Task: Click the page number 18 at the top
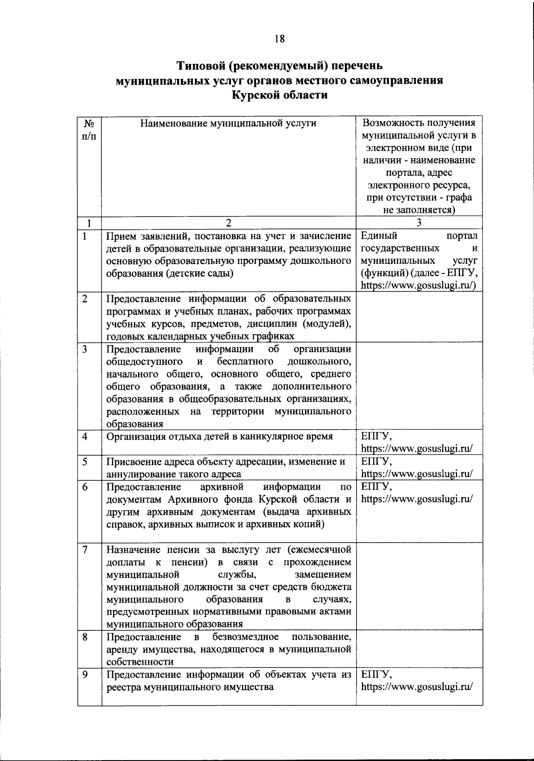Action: [279, 39]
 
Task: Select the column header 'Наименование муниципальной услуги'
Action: [228, 123]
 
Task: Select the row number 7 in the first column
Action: [85, 549]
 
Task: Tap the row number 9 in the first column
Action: [85, 675]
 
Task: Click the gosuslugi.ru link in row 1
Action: [418, 286]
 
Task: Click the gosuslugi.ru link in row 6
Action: [416, 499]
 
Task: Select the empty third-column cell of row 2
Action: [419, 316]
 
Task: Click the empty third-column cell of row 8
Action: [419, 649]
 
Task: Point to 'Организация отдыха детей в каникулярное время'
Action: [220, 436]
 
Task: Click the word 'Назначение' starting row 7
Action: [131, 549]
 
